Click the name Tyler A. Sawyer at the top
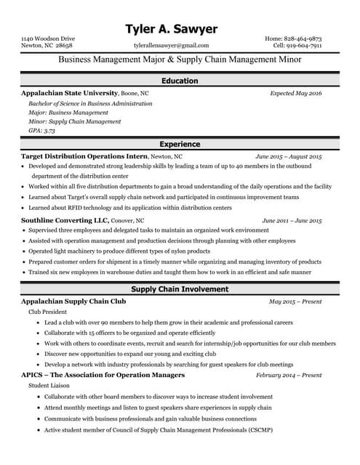click(171, 29)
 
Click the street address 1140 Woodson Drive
click(48, 37)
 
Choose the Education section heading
click(180, 81)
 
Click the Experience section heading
click(180, 145)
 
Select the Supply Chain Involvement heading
click(180, 289)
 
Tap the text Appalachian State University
click(69, 94)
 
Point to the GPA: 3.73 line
click(41, 131)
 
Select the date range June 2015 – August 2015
click(288, 157)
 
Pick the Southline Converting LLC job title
click(65, 220)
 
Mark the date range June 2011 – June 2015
click(291, 220)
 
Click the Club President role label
click(47, 312)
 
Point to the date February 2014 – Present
click(288, 376)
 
